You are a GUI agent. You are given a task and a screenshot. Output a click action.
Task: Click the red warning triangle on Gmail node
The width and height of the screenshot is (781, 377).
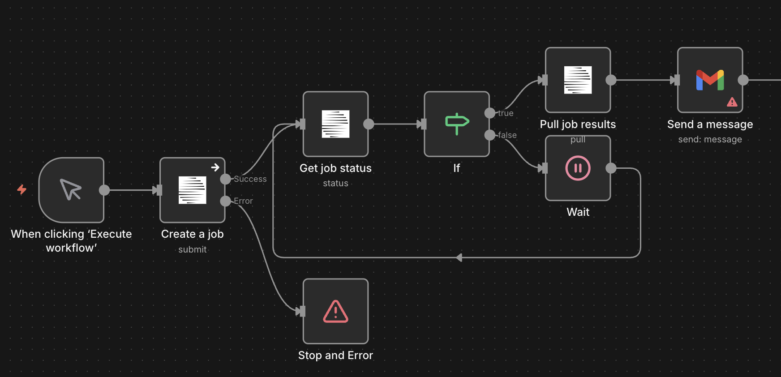[x=732, y=102]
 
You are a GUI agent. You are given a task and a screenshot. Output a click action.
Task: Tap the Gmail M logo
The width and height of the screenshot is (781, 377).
[x=710, y=80]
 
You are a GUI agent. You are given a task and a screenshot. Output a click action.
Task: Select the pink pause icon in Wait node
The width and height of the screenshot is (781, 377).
[x=578, y=168]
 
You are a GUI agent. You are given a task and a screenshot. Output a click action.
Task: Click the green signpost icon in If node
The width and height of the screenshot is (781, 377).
[x=457, y=124]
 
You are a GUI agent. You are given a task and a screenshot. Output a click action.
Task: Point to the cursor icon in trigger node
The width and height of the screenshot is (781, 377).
[x=71, y=189]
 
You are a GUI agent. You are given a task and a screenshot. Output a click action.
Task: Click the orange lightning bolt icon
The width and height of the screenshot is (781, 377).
[x=21, y=189]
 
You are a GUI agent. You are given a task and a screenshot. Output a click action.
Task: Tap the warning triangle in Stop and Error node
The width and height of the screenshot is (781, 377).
[x=335, y=311]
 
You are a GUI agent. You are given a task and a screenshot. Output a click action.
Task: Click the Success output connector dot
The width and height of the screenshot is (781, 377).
[x=226, y=179]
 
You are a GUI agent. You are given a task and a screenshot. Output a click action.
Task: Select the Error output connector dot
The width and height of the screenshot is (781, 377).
[x=226, y=201]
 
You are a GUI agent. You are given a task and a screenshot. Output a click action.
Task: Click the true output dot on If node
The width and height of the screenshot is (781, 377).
[x=490, y=113]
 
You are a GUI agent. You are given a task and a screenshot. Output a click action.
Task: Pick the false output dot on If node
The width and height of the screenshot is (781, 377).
[x=490, y=135]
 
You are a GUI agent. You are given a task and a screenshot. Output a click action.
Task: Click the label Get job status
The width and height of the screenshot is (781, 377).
[x=335, y=168]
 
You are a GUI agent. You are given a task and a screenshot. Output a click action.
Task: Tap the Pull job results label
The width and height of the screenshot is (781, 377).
[x=578, y=124]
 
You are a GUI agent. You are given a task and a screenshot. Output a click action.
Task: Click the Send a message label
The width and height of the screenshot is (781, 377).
[x=710, y=124]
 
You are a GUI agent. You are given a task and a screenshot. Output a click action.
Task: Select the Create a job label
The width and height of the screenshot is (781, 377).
[x=192, y=234]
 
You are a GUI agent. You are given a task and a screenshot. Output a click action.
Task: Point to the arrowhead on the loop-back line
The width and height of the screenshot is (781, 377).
[x=459, y=257]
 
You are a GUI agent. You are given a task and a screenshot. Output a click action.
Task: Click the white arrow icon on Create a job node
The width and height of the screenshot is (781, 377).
[x=215, y=167]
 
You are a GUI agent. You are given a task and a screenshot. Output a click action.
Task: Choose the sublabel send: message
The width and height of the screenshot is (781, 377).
[x=710, y=140]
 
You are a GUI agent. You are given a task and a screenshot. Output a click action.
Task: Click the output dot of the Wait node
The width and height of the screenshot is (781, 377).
[x=611, y=168]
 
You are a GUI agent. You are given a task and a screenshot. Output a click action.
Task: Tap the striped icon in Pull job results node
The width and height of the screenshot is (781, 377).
[x=578, y=80]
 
